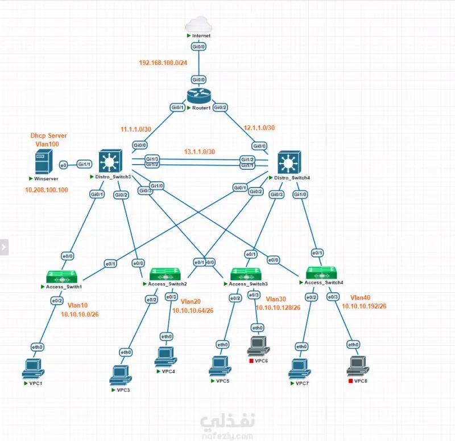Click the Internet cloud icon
click(199, 23)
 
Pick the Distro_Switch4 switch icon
click(289, 164)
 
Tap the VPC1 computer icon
click(32, 369)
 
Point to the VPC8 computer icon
click(357, 365)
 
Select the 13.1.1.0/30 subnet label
click(199, 152)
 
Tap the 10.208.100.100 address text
click(47, 190)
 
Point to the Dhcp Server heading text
click(48, 136)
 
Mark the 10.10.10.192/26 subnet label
click(365, 306)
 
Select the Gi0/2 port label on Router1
click(221, 107)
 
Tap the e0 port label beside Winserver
click(64, 165)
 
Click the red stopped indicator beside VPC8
click(350, 380)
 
